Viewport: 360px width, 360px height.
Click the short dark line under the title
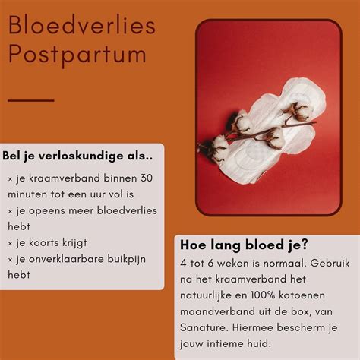pyautogui.click(x=31, y=99)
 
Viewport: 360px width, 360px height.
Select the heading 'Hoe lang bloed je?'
pyautogui.click(x=244, y=245)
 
